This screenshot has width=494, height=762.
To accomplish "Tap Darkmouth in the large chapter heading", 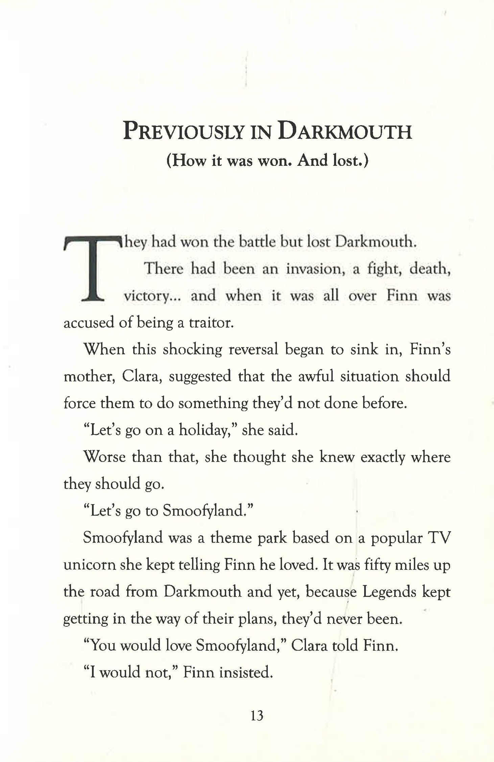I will [345, 131].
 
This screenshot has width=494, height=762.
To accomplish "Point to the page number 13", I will [257, 715].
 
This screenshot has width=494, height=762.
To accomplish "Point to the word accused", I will [89, 323].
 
